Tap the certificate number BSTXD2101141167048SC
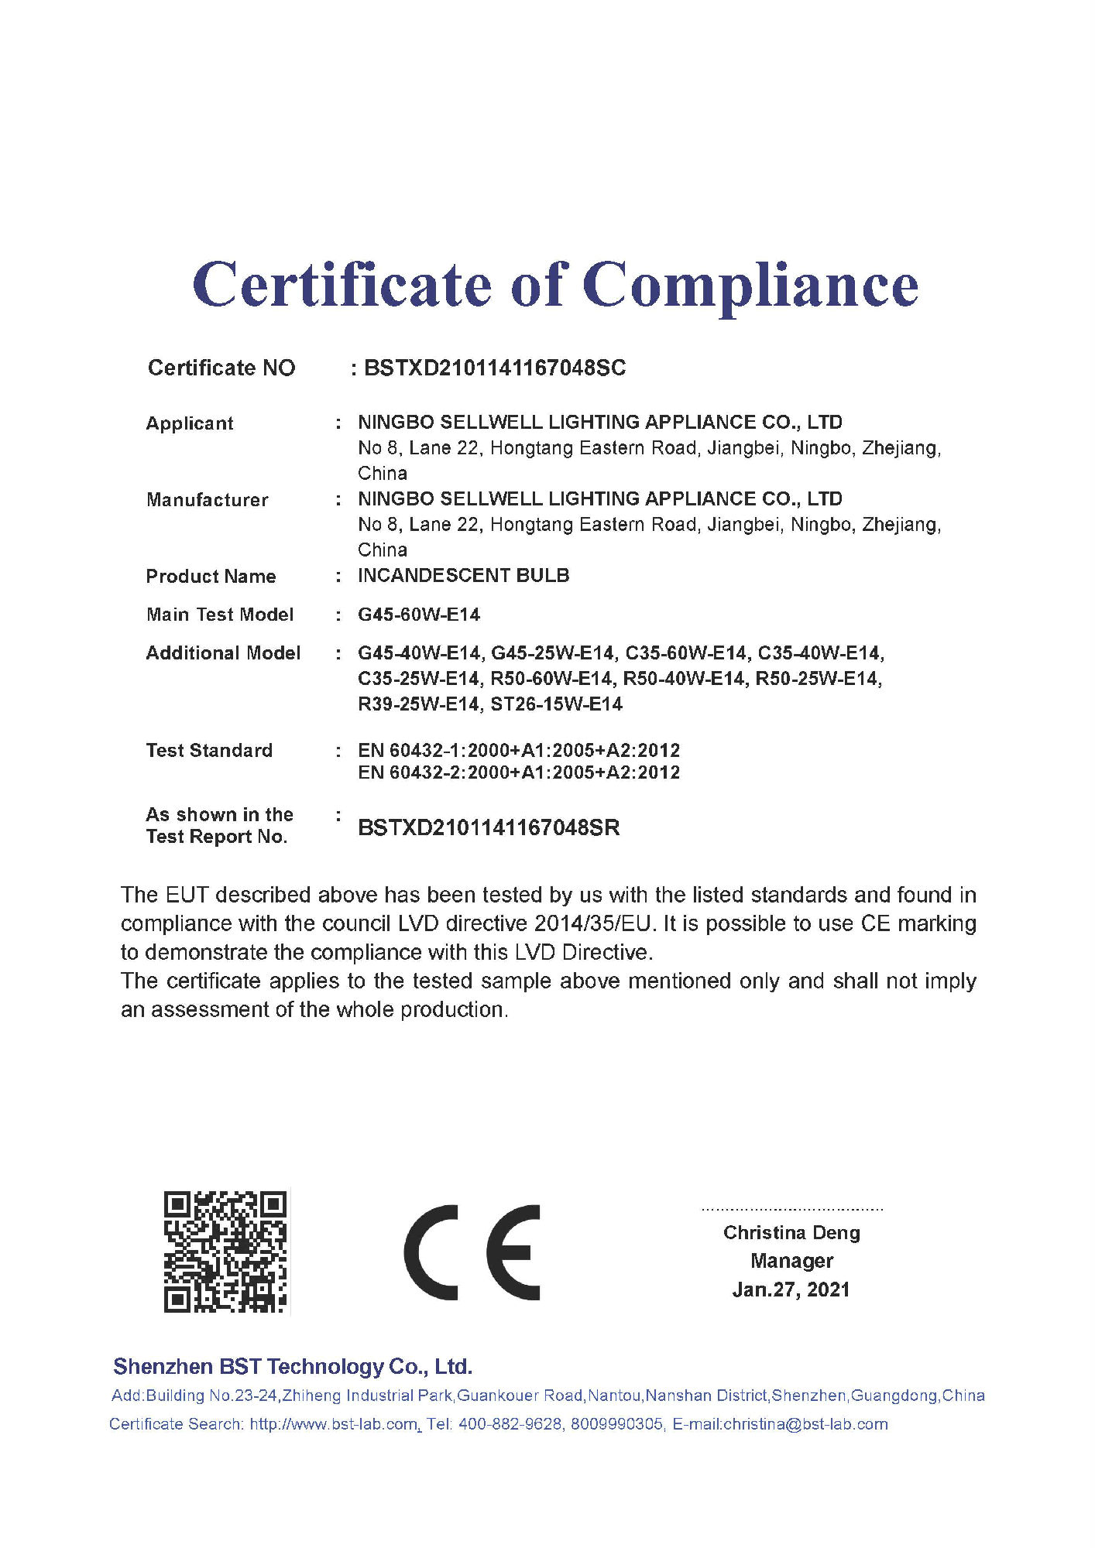pos(495,368)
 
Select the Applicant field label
pos(190,423)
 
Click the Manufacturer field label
pos(208,500)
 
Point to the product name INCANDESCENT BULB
pos(463,575)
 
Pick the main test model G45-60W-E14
pos(419,615)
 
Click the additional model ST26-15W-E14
pos(557,704)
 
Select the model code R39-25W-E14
pos(418,704)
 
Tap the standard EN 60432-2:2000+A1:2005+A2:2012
pos(519,772)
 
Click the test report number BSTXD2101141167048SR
pos(489,827)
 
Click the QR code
pos(225,1252)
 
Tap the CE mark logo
pos(472,1252)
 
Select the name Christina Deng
pos(791,1232)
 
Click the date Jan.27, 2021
pos(791,1289)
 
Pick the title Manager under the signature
pos(791,1261)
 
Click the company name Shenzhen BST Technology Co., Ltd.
pos(293,1367)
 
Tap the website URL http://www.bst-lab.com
pos(334,1424)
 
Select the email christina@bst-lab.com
pos(805,1424)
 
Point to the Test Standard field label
pos(209,751)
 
